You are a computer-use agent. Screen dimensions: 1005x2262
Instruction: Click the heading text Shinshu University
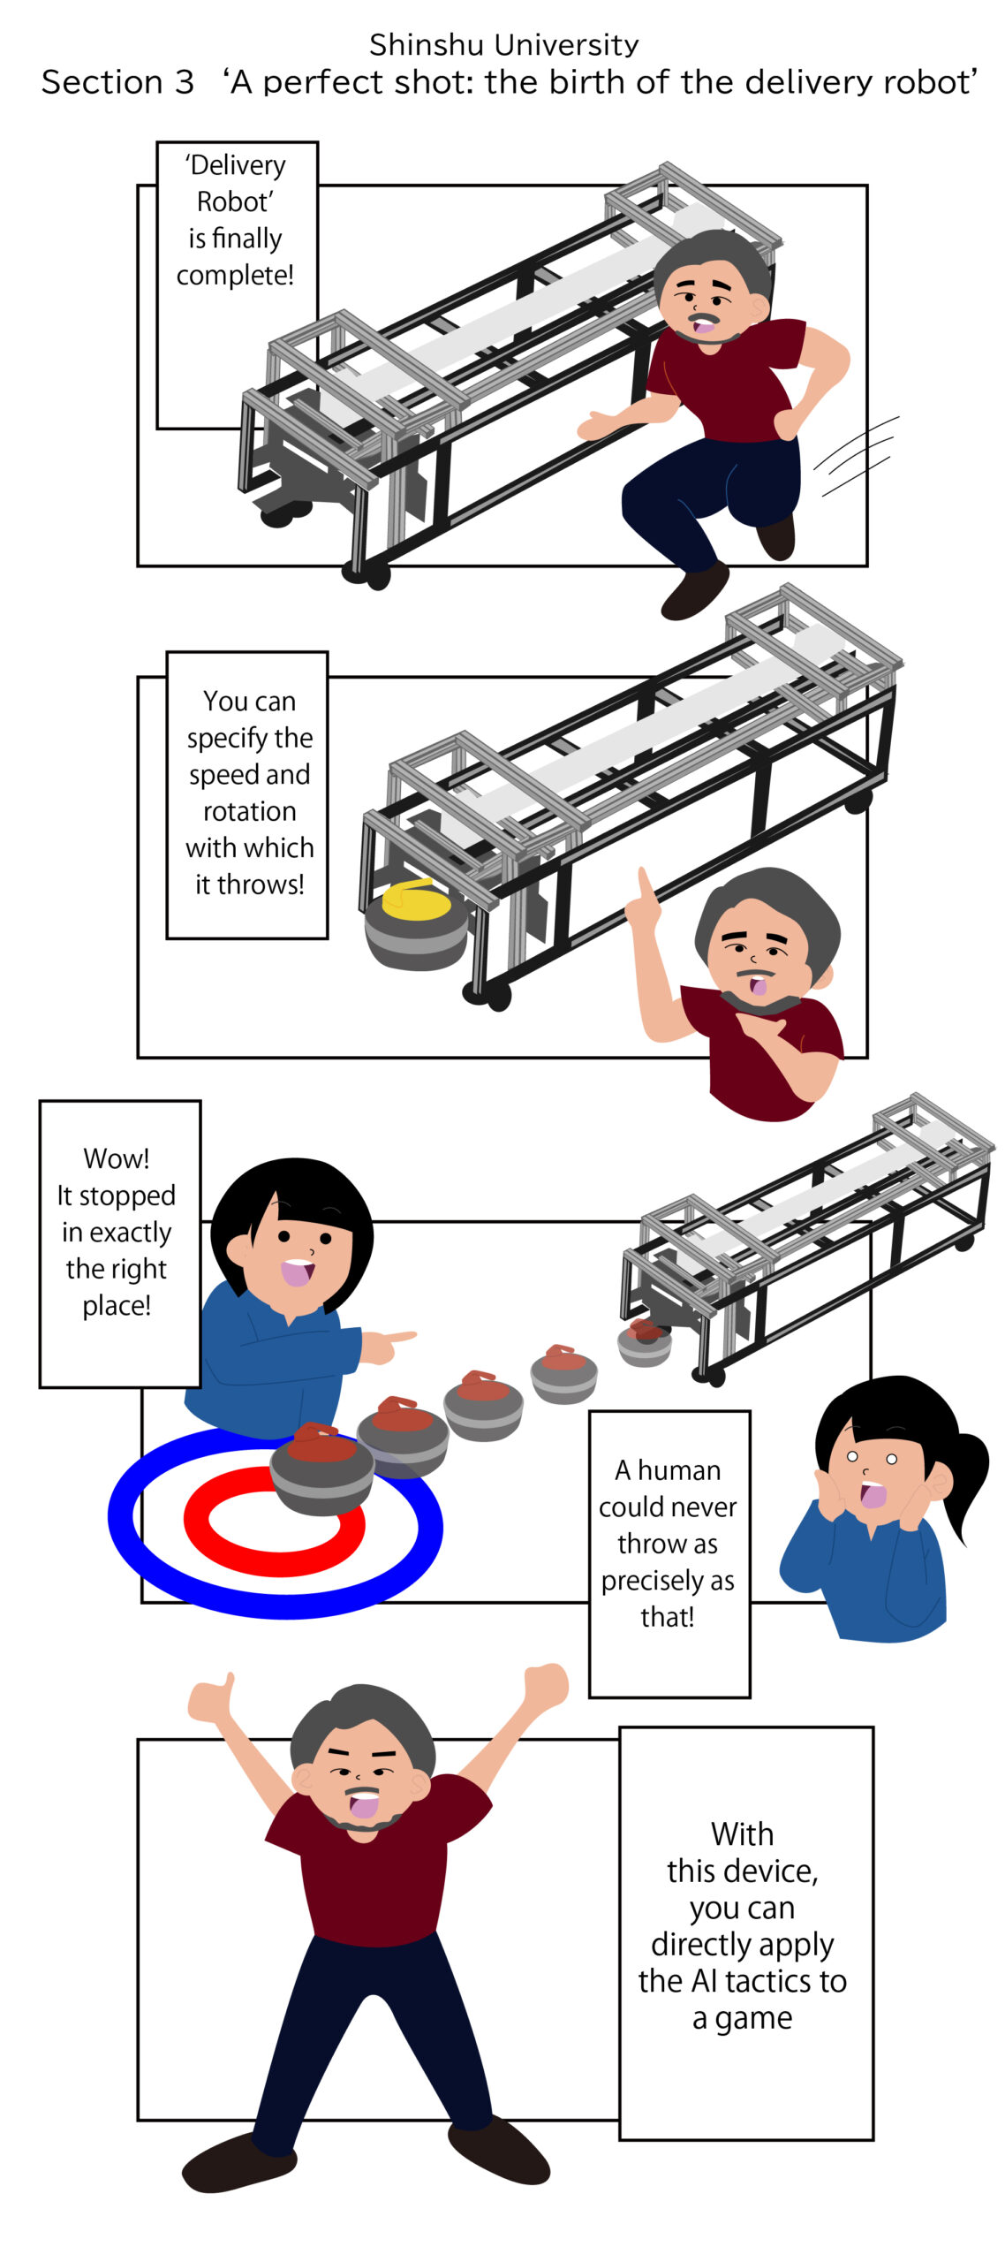[x=503, y=44]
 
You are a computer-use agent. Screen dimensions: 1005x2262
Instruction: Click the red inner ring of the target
[x=274, y=1521]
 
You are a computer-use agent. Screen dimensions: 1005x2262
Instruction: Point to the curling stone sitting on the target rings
[x=322, y=1468]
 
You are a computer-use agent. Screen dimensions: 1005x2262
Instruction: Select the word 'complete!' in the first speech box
[x=235, y=275]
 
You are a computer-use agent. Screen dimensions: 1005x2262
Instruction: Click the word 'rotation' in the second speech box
[x=249, y=811]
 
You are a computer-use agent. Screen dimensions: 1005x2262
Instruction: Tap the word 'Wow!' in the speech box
[x=117, y=1158]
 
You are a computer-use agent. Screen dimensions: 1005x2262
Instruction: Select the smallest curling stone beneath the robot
[x=645, y=1342]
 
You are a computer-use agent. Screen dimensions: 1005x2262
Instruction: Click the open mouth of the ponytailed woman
[x=873, y=1494]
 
